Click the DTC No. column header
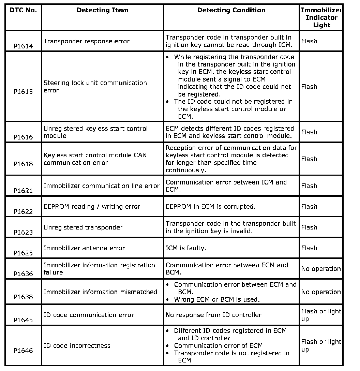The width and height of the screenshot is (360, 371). click(23, 10)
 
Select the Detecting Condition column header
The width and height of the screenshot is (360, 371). click(231, 10)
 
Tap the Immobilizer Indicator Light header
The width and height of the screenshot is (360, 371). click(321, 18)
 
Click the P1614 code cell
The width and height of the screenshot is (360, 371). click(23, 46)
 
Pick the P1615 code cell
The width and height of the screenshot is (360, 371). click(23, 92)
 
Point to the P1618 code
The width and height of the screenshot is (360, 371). click(23, 164)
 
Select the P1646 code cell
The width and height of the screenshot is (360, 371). click(23, 351)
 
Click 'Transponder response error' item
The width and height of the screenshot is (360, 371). click(87, 41)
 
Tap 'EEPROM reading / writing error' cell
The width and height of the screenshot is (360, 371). click(92, 207)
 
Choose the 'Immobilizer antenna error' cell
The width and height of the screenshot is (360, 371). click(84, 248)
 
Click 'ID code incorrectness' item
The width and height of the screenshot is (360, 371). click(77, 346)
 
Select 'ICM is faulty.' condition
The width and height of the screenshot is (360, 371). click(186, 248)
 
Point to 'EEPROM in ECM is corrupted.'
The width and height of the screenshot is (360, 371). click(210, 207)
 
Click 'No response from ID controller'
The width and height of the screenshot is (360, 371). click(213, 315)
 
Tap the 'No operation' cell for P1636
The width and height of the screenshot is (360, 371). click(321, 269)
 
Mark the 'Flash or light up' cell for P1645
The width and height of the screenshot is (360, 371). click(321, 315)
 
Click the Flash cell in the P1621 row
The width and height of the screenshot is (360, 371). click(309, 186)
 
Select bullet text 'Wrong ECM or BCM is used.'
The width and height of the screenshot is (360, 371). click(217, 300)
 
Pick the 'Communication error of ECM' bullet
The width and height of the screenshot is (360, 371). click(218, 346)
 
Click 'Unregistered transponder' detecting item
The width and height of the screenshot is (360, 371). click(83, 227)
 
